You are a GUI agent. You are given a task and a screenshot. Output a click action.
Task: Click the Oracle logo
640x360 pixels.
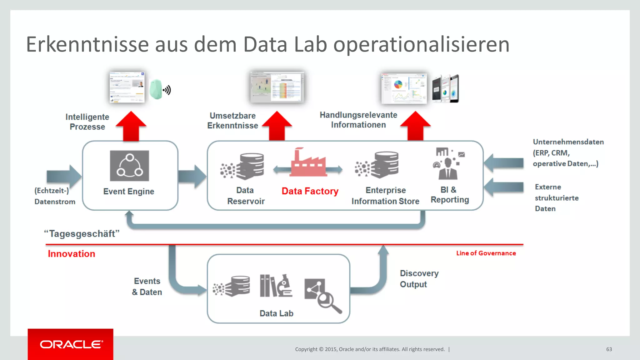point(71,344)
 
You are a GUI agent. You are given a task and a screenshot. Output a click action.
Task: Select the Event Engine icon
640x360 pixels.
point(129,166)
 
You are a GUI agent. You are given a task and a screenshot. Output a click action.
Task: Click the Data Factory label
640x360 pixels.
point(310,191)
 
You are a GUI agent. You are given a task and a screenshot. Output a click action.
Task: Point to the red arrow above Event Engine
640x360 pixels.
point(131,127)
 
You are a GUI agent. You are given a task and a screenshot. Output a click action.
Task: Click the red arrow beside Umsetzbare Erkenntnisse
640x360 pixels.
point(277,126)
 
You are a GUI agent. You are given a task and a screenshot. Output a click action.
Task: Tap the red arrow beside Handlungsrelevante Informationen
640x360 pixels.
point(415,126)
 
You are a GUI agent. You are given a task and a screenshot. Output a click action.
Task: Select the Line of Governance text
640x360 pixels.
point(486,253)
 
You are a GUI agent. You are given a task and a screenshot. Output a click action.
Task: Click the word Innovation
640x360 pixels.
point(71,254)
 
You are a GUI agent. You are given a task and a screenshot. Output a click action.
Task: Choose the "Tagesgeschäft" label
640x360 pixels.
point(82,234)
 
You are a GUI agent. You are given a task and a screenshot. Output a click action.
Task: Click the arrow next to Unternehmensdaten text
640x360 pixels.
point(504,163)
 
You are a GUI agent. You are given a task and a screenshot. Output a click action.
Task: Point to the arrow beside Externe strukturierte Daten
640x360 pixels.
point(504,187)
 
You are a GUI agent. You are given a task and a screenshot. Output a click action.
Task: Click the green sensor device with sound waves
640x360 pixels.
point(159,90)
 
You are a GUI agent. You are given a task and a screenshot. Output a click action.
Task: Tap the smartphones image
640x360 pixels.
point(445,89)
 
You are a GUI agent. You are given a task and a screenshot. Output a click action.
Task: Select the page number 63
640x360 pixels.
point(609,349)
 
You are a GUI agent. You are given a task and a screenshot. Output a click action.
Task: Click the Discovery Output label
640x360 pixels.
point(419,279)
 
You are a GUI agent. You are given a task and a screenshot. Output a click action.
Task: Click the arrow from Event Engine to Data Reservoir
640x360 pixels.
point(192,177)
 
